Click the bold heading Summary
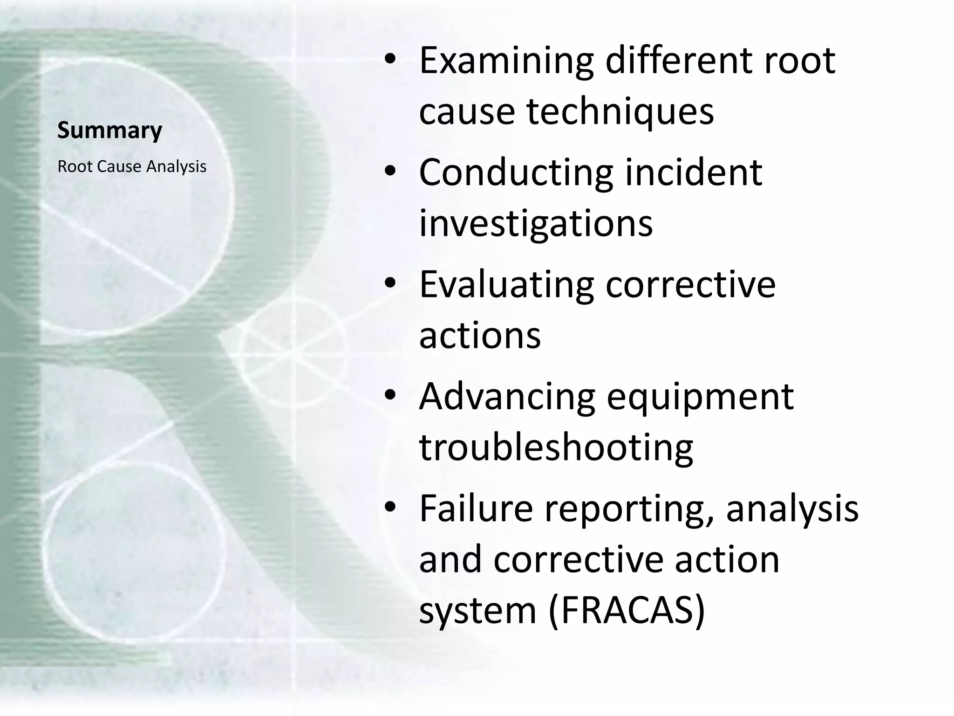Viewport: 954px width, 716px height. tap(109, 130)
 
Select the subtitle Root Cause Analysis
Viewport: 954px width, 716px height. tap(132, 166)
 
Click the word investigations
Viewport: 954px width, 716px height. tap(536, 225)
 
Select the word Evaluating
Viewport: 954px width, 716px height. tap(506, 285)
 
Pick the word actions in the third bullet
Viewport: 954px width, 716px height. tap(480, 336)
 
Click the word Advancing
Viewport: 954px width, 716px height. tap(507, 397)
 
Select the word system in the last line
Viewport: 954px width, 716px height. tap(477, 612)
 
